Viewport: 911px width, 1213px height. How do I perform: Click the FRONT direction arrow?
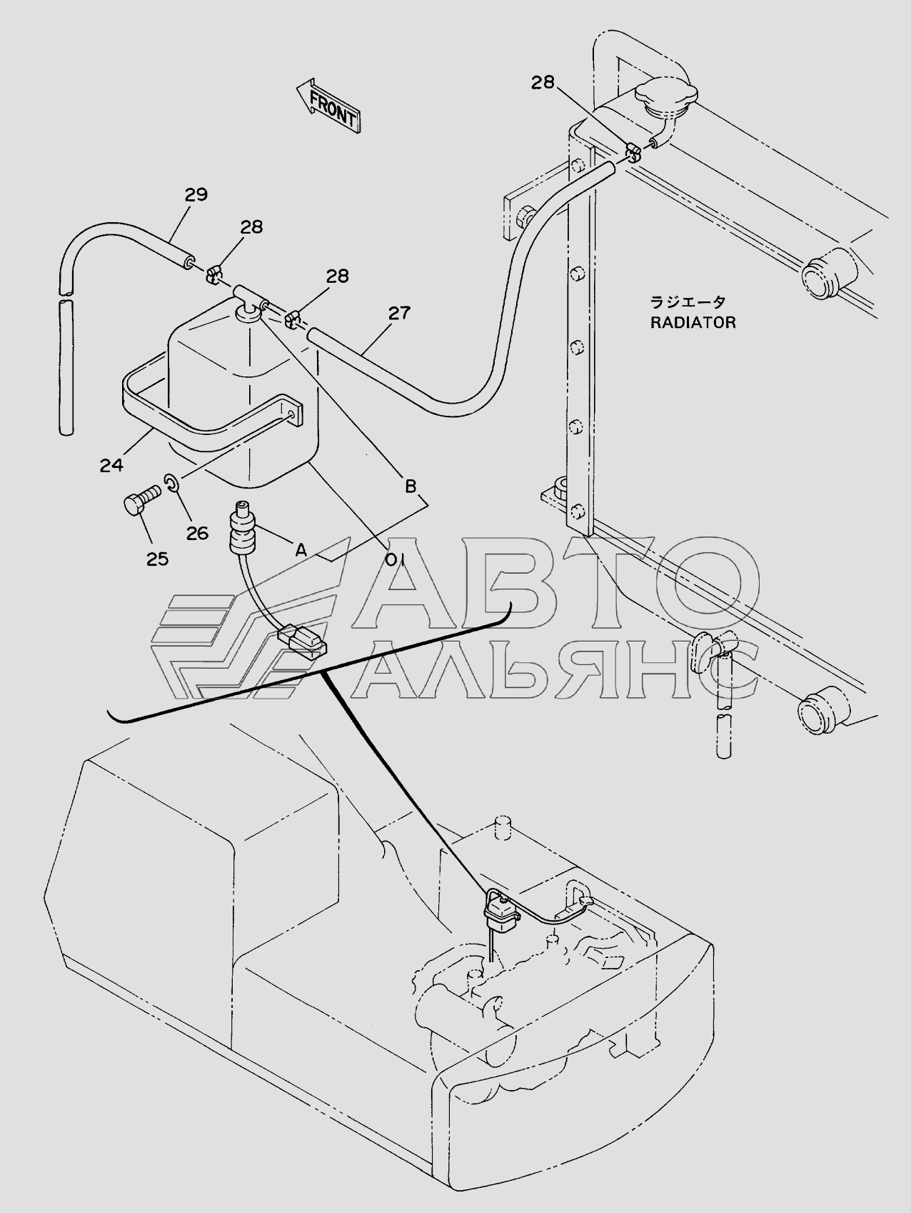click(x=328, y=105)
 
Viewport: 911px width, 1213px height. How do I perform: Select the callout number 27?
click(x=399, y=313)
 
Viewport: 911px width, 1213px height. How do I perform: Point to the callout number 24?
click(x=111, y=465)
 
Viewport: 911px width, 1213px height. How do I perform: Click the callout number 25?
click(x=157, y=559)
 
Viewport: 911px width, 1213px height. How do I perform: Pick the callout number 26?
click(x=197, y=533)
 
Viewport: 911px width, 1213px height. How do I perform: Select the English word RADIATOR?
click(x=693, y=322)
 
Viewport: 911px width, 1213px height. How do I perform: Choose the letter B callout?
click(x=411, y=486)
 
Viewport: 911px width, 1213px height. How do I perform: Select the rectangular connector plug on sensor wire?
click(x=302, y=638)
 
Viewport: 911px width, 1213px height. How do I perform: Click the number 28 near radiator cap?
click(x=542, y=83)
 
